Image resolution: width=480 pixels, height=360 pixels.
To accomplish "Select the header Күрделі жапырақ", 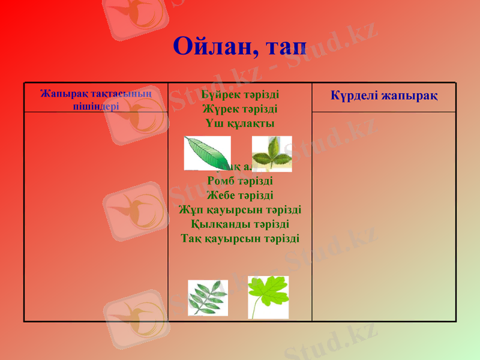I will (x=384, y=96).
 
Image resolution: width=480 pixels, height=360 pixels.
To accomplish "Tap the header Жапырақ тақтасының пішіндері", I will (x=96, y=100).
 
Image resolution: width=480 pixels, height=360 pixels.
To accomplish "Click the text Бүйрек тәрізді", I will (x=240, y=95).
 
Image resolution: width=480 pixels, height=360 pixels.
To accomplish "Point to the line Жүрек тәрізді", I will (x=240, y=109).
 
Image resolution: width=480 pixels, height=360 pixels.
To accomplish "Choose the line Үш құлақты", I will (x=240, y=124).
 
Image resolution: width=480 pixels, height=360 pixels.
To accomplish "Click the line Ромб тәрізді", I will (x=240, y=181).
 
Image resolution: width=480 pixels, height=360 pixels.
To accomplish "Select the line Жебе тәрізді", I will (x=240, y=195).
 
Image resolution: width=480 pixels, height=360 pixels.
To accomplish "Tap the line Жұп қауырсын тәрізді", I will (x=240, y=209).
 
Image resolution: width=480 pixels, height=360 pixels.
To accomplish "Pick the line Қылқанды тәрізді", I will (x=240, y=224).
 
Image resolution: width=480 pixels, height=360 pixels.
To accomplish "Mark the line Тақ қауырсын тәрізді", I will (x=240, y=238).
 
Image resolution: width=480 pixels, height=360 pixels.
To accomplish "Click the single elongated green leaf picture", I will (x=207, y=153).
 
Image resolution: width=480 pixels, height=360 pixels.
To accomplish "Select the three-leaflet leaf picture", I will (x=271, y=153).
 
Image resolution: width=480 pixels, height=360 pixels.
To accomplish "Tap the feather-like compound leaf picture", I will (x=208, y=298).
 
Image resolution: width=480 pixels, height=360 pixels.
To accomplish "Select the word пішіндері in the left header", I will (x=96, y=106).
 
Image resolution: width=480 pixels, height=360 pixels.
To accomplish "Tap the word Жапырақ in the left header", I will (x=59, y=94).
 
